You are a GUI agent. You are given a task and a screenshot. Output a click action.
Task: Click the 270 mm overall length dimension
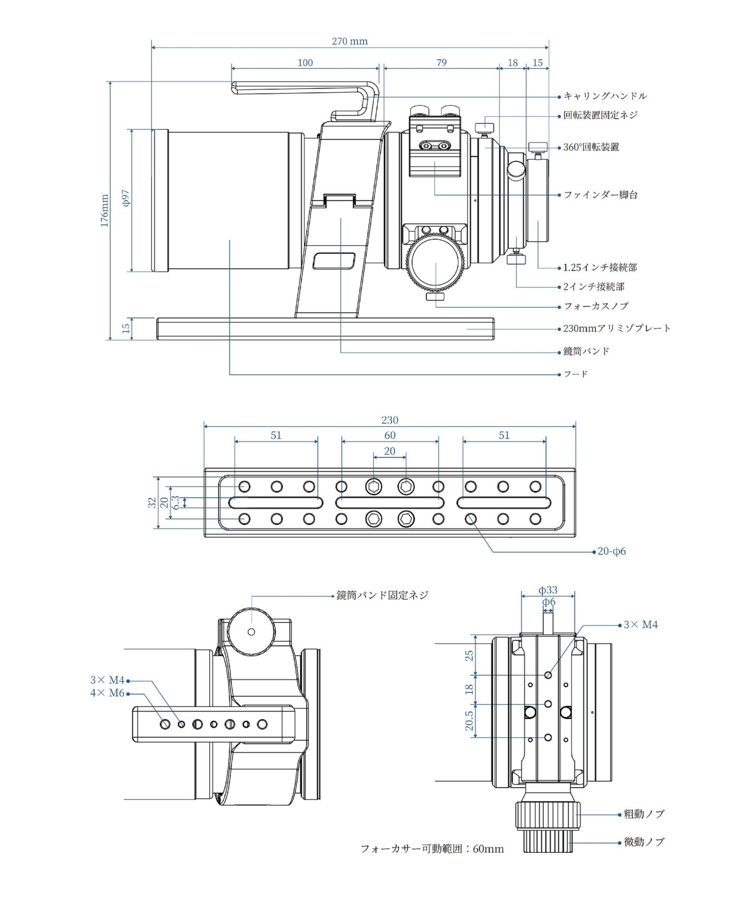[x=349, y=41]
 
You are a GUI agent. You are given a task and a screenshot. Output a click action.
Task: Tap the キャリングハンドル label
[x=605, y=96]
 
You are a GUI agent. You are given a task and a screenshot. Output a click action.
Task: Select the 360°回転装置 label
[x=591, y=147]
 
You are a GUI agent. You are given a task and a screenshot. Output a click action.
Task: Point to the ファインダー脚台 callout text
[x=600, y=194]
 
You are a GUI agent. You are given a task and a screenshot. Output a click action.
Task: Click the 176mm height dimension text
[x=105, y=211]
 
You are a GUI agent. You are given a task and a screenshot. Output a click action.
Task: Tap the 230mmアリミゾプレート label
[x=617, y=328]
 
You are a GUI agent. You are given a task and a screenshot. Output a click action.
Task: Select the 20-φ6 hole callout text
[x=611, y=552]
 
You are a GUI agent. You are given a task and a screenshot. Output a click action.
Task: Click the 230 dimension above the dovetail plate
[x=389, y=420]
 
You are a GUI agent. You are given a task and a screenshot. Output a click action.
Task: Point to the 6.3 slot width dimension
[x=176, y=503]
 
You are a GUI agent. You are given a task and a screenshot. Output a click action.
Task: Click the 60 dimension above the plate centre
[x=389, y=435]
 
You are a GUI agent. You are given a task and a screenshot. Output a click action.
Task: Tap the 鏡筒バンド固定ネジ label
[x=382, y=595]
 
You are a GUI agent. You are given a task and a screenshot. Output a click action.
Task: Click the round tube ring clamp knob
[x=252, y=631]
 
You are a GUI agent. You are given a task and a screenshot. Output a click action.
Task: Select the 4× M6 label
[x=107, y=693]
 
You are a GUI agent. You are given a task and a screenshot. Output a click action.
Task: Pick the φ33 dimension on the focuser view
[x=548, y=590]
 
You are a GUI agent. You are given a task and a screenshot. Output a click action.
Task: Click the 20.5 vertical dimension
[x=469, y=721]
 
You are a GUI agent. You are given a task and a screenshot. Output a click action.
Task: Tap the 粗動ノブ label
[x=644, y=814]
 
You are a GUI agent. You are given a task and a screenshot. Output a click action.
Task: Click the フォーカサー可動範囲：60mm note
[x=432, y=849]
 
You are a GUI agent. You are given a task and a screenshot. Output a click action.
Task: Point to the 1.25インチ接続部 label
[x=600, y=268]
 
